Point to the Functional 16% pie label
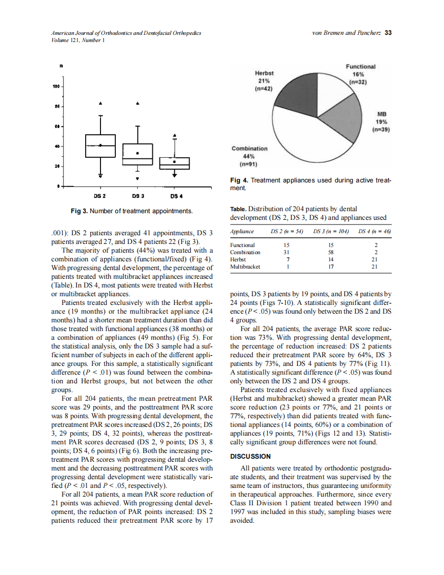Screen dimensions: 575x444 tap(360, 74)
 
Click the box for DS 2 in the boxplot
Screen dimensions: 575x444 tap(100, 146)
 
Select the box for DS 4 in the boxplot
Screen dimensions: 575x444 tap(174, 163)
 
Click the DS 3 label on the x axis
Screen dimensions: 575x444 tap(137, 196)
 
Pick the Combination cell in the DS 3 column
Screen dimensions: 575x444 tap(331, 252)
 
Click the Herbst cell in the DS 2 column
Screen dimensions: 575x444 tap(287, 259)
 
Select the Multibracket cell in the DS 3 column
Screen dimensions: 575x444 tap(331, 266)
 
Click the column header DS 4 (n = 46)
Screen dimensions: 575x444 tap(374, 232)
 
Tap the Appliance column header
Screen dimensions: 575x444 tap(242, 232)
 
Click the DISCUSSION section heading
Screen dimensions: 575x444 tap(251, 456)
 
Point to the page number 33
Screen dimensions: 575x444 tap(388, 33)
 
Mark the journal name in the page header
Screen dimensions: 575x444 tap(126, 33)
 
